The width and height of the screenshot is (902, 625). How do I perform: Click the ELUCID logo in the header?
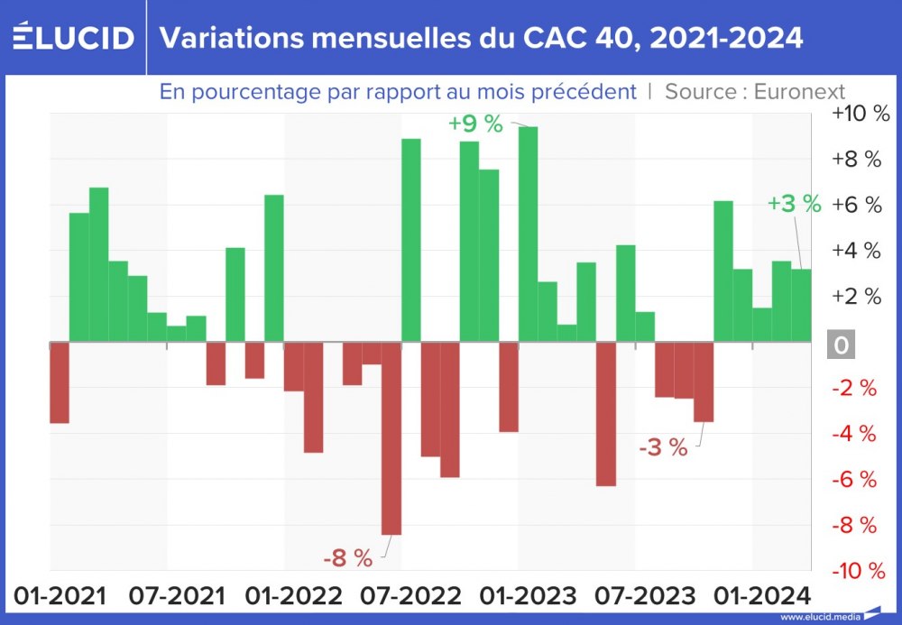(x=74, y=37)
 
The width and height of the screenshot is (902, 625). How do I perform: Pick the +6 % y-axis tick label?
(x=856, y=205)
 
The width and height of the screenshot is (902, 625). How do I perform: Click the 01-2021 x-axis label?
(x=60, y=596)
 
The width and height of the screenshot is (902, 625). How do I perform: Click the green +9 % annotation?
(x=475, y=124)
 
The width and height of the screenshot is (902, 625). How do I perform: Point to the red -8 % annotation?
(x=347, y=558)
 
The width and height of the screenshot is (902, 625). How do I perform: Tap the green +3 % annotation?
(x=794, y=204)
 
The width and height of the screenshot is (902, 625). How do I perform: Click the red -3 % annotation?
(x=663, y=446)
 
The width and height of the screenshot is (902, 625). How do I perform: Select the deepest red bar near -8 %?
(x=391, y=438)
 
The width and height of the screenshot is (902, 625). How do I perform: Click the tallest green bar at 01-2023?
(x=528, y=234)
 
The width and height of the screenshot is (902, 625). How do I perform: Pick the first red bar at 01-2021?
(x=60, y=382)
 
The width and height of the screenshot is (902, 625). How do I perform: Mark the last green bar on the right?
(x=801, y=306)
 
